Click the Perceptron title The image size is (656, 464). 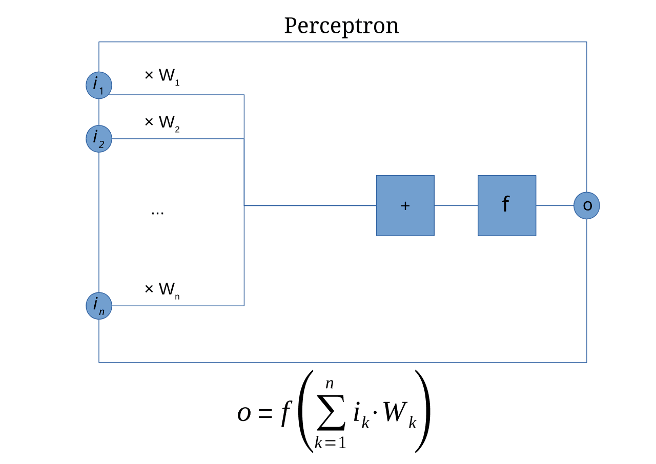click(341, 26)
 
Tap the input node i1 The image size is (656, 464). click(99, 86)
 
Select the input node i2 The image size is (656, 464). click(99, 139)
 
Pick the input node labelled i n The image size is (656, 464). click(99, 306)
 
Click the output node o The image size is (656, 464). click(587, 205)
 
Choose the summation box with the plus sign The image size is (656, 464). click(405, 205)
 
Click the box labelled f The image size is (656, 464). click(507, 205)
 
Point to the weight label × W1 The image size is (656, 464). click(162, 76)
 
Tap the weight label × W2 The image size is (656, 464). click(162, 122)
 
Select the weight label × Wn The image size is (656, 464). click(162, 289)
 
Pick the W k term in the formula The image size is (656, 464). click(398, 414)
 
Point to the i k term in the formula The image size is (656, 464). click(360, 414)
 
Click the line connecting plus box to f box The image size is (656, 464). click(456, 206)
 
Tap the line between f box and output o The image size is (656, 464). click(555, 206)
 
